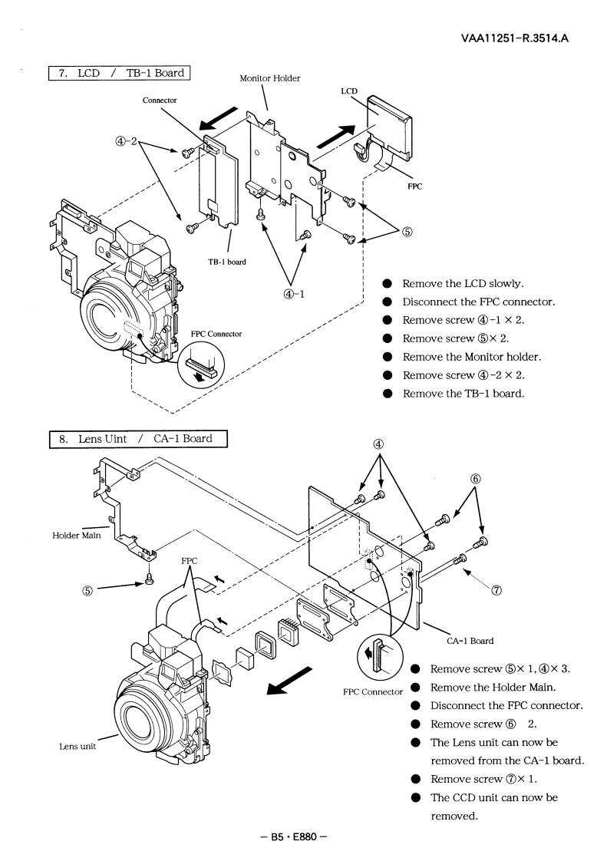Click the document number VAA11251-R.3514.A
(x=515, y=38)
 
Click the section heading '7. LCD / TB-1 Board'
(x=120, y=73)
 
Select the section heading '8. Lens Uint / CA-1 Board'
(x=138, y=439)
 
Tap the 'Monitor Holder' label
(x=269, y=78)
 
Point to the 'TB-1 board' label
(x=227, y=262)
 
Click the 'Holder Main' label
(x=77, y=536)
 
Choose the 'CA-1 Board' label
(x=470, y=640)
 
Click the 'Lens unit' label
(x=78, y=746)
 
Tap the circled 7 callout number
(x=496, y=590)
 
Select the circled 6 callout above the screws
(x=475, y=479)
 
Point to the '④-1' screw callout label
(x=295, y=293)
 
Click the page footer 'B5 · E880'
(x=294, y=837)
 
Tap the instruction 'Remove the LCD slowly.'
(x=463, y=283)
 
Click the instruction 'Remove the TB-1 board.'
(x=463, y=393)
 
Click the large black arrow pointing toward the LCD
(x=337, y=136)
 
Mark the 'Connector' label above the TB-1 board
(x=160, y=100)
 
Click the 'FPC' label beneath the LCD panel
(x=414, y=186)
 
